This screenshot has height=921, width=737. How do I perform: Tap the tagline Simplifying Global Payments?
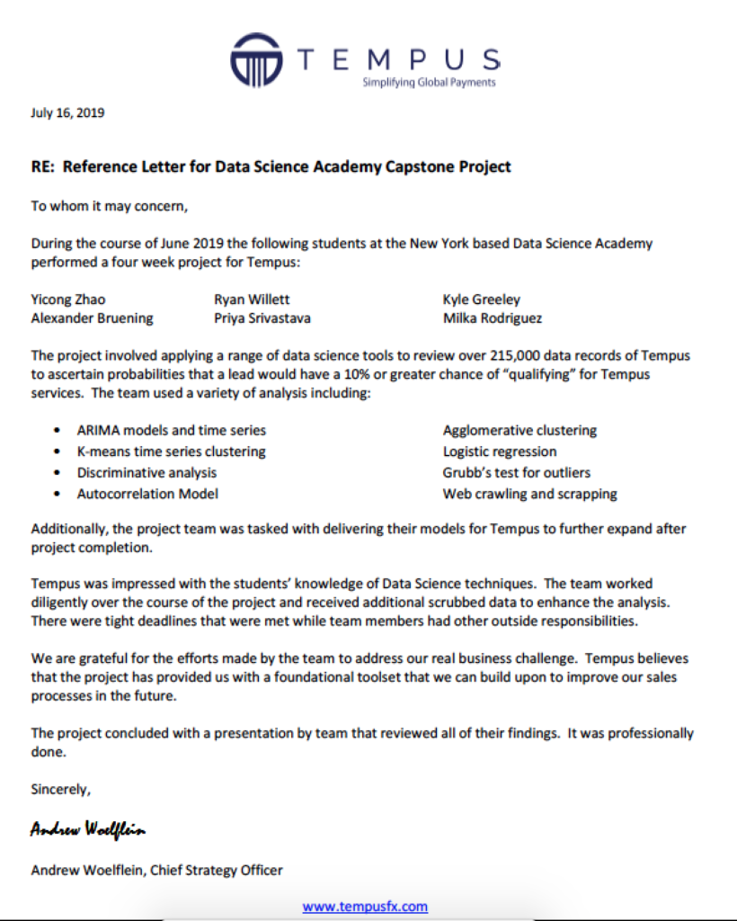[428, 83]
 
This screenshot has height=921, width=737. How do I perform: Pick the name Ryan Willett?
[252, 300]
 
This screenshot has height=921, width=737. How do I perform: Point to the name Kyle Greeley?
[482, 300]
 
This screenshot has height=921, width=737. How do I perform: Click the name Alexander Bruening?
[92, 318]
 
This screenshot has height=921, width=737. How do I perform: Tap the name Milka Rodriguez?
[493, 318]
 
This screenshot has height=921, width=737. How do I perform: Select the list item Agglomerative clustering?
[519, 431]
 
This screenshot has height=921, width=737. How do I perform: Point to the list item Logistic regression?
[500, 452]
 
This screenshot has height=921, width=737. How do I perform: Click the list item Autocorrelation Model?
[147, 494]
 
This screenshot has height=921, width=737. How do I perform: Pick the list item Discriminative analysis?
[147, 472]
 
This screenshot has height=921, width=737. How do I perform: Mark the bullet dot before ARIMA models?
[58, 431]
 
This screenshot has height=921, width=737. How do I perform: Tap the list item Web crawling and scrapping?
[530, 494]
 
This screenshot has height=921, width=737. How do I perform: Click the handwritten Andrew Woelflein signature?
[87, 829]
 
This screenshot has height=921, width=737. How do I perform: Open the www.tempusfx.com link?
[365, 907]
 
